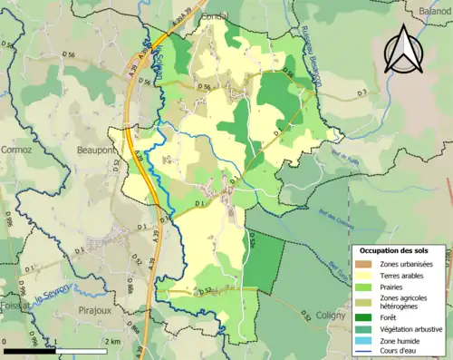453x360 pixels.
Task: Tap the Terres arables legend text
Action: [406, 275]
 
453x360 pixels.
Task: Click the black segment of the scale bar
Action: [30, 350]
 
